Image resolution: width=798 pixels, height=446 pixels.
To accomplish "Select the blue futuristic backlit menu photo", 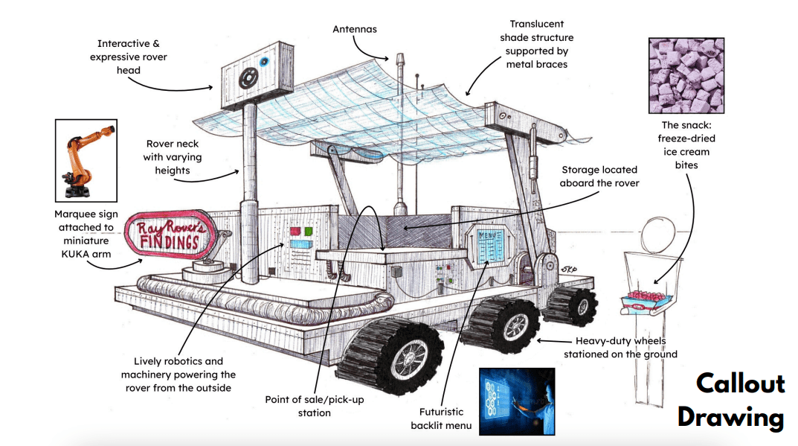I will pyautogui.click(x=516, y=401).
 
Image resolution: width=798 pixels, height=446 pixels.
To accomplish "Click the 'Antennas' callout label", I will pyautogui.click(x=355, y=29).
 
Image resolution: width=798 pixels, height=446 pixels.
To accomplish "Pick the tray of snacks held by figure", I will pyautogui.click(x=647, y=299).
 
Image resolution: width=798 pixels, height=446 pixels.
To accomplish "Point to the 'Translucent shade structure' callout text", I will pyautogui.click(x=535, y=44).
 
